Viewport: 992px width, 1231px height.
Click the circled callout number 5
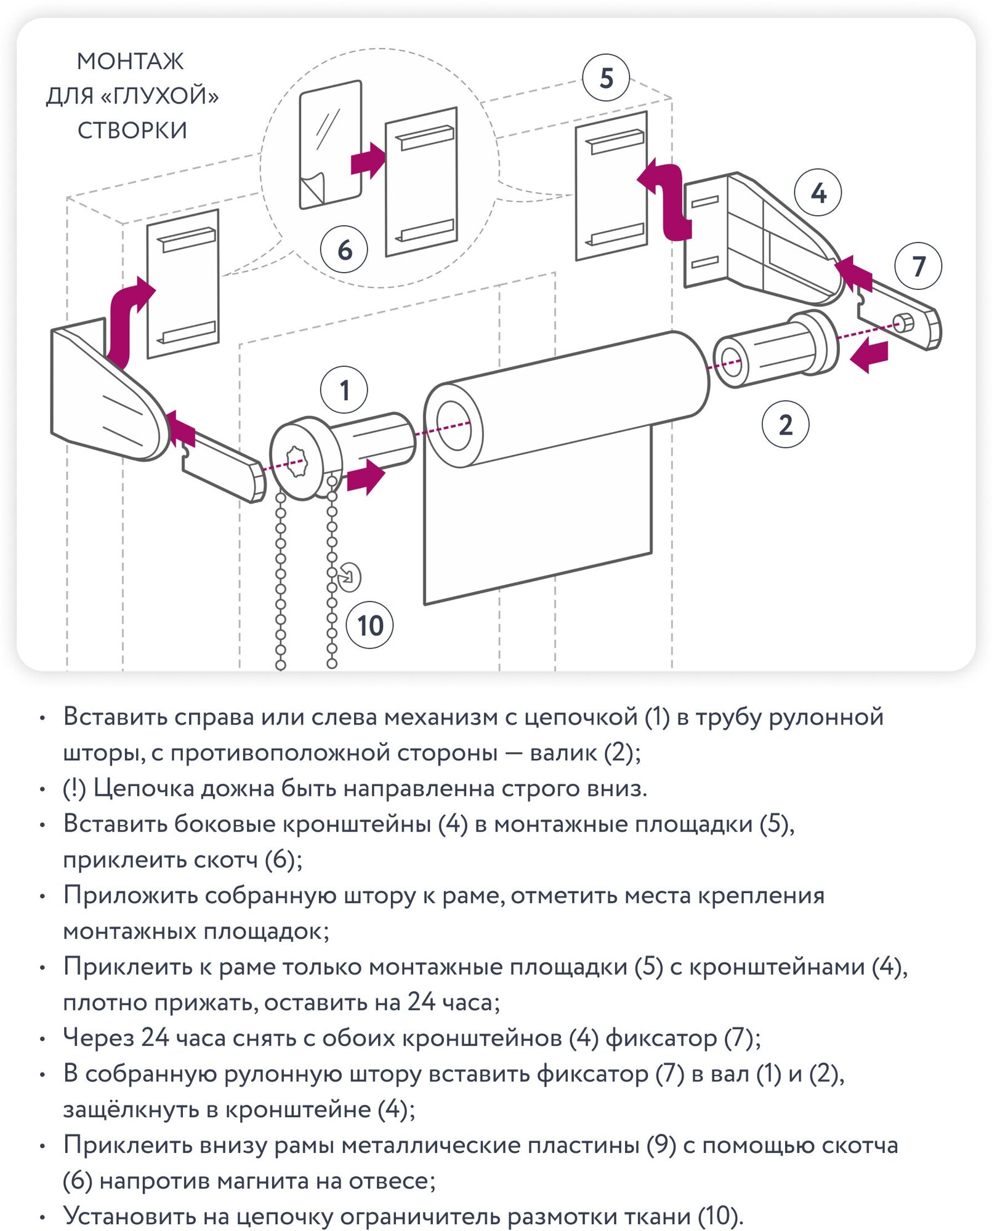coord(606,78)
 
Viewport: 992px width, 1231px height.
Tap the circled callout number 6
coord(344,250)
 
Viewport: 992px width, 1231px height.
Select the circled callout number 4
coord(818,193)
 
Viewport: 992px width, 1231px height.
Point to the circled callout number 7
coord(918,267)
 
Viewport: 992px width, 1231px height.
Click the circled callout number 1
coord(344,390)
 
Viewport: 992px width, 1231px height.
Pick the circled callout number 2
coord(785,425)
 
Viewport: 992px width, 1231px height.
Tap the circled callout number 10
coord(370,626)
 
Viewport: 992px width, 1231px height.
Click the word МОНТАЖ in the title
coord(130,62)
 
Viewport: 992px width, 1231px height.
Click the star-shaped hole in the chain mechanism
coord(297,461)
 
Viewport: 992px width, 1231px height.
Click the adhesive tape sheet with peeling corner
coord(329,145)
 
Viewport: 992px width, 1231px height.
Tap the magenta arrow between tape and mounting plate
coord(368,161)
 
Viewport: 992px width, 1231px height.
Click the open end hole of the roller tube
coord(454,425)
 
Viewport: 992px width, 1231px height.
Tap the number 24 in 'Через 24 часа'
coord(155,1038)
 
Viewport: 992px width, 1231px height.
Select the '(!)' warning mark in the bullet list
coord(74,788)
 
